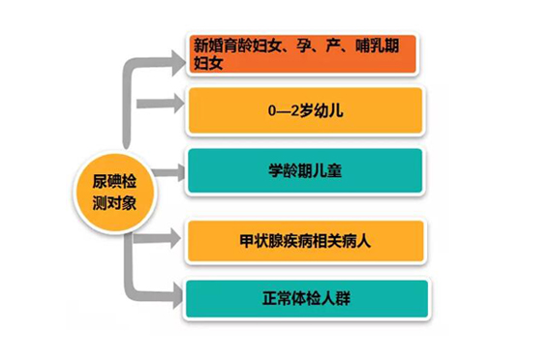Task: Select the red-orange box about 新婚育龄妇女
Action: point(303,54)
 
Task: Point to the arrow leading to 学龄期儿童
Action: point(169,172)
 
